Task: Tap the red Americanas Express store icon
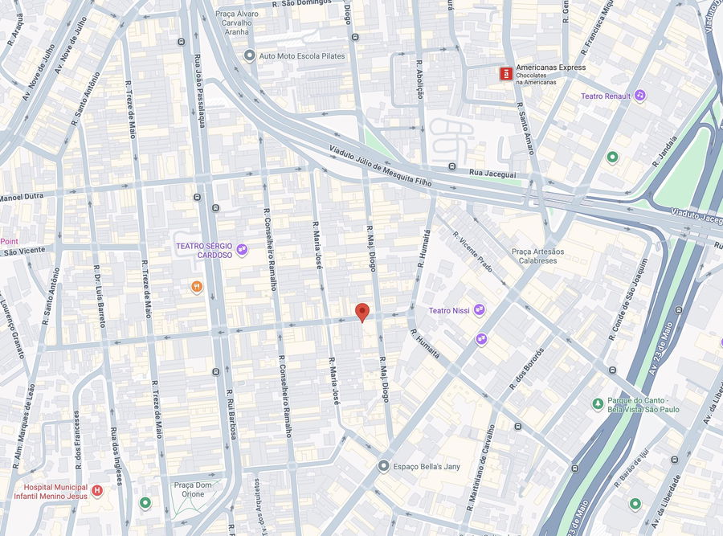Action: (x=505, y=74)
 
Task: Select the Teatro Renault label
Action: (x=606, y=96)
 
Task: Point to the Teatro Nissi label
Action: (x=449, y=310)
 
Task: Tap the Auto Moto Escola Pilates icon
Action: (x=249, y=56)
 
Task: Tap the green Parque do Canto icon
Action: (x=597, y=403)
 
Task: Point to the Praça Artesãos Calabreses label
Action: (x=537, y=256)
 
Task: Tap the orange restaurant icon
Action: (x=197, y=287)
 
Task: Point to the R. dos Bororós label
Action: (x=526, y=369)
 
